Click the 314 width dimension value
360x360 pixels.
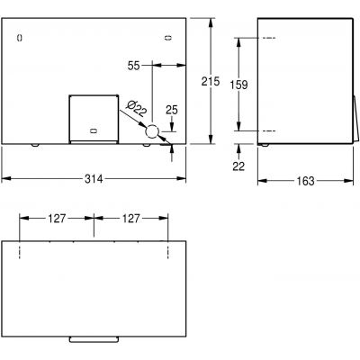(94, 179)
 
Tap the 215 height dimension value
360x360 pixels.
(211, 81)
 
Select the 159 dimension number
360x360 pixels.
(238, 85)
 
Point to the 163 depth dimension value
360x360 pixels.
(305, 181)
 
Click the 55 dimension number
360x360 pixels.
(133, 66)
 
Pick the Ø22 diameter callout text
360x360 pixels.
(137, 109)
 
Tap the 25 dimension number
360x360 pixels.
(172, 110)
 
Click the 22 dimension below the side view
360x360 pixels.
(238, 166)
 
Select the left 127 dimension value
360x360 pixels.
(57, 219)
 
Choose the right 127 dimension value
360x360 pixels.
(130, 219)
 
